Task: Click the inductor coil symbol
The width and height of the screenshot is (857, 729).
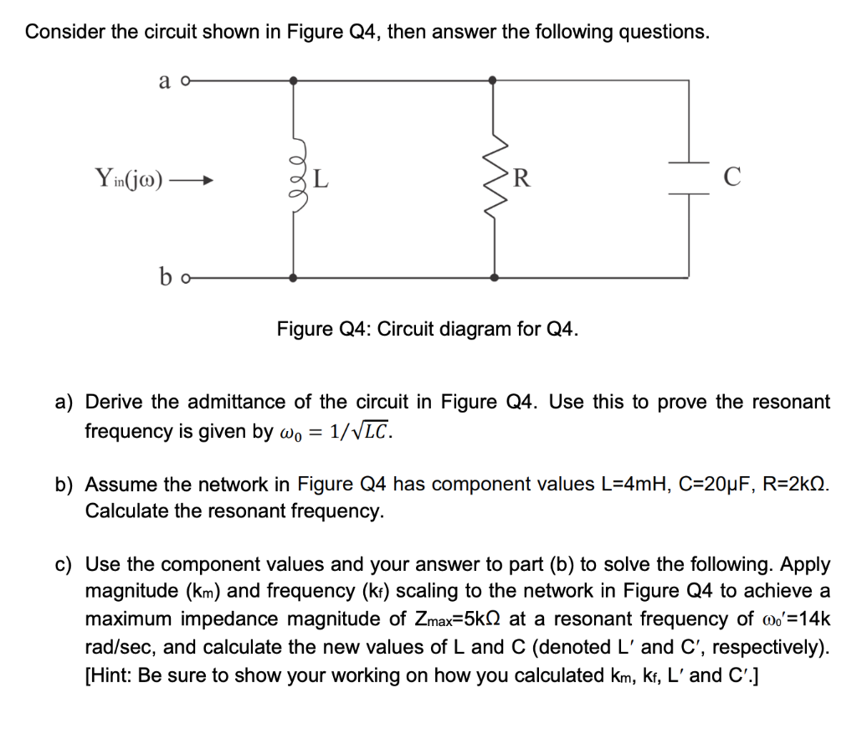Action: tap(294, 178)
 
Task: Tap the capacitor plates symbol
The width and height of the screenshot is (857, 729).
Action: tap(688, 178)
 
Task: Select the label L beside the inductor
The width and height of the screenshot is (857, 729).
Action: tap(321, 178)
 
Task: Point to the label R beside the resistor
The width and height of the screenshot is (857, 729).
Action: tap(522, 178)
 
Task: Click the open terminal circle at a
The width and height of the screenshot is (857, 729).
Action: tap(187, 80)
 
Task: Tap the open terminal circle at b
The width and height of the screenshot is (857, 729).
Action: tap(188, 277)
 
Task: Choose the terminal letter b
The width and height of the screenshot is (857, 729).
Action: tap(167, 275)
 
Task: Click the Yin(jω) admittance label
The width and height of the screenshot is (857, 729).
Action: tap(130, 178)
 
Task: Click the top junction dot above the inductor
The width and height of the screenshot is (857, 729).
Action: tap(293, 80)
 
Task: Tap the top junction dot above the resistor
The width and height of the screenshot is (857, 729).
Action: tap(494, 80)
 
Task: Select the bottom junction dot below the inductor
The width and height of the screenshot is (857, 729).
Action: tap(293, 277)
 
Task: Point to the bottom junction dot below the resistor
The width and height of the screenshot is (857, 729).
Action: tap(494, 277)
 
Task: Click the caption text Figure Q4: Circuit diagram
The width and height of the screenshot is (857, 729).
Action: tap(428, 328)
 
